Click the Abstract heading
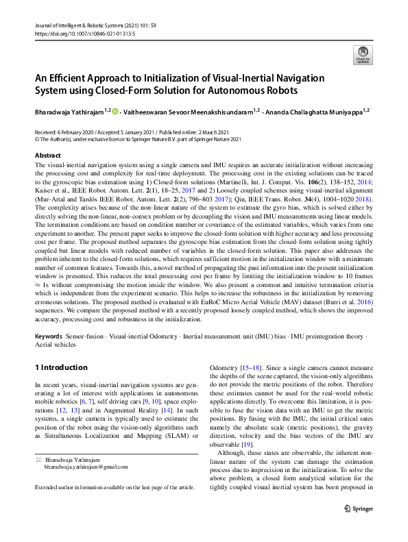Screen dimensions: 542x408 point(48,156)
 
